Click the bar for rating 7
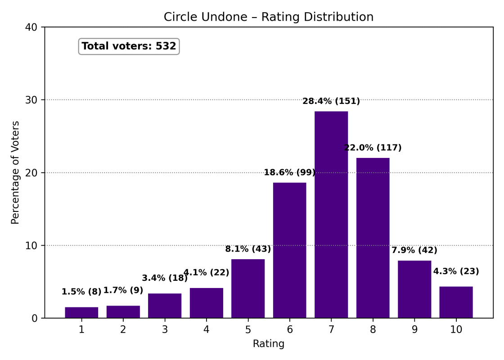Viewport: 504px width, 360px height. click(x=331, y=215)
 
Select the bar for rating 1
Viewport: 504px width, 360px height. click(x=81, y=313)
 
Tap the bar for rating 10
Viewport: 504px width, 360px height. click(x=456, y=302)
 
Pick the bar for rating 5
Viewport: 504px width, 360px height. click(x=248, y=288)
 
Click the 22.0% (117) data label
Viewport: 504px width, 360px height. click(x=373, y=148)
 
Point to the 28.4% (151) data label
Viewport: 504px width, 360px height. click(x=331, y=101)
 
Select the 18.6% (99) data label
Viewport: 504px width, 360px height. click(x=289, y=172)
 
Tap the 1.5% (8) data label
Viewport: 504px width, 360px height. click(x=81, y=292)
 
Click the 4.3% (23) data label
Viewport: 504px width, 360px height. click(x=456, y=271)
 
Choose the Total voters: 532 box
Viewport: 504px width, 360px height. click(x=129, y=46)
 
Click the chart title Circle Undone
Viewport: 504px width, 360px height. click(x=269, y=17)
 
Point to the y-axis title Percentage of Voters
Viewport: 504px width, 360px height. click(x=15, y=172)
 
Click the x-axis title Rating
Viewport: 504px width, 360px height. click(x=269, y=344)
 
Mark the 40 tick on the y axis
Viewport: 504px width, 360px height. click(x=34, y=27)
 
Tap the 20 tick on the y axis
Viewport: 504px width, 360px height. click(x=34, y=173)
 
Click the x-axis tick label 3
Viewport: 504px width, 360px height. click(x=165, y=329)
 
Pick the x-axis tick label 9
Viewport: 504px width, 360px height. click(x=414, y=329)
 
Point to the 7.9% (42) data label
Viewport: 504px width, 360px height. click(x=414, y=250)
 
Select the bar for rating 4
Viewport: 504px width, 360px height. click(x=206, y=303)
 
